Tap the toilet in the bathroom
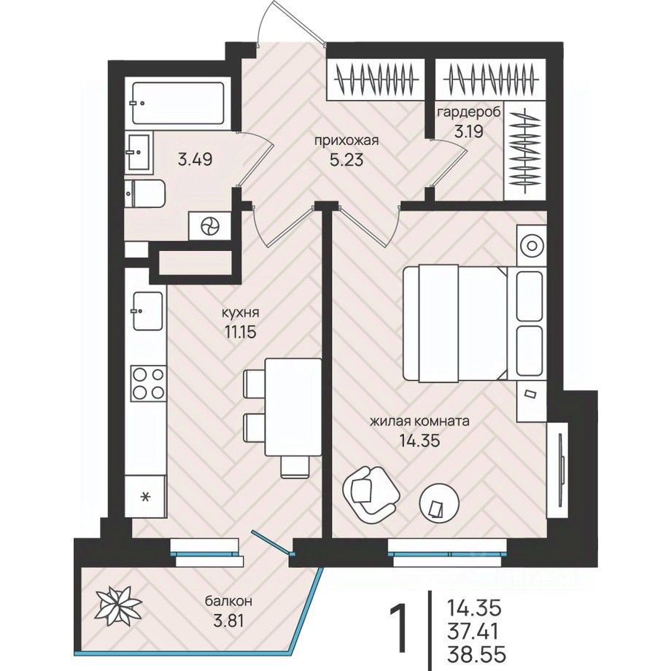pos(146,193)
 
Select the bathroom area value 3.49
pos(195,158)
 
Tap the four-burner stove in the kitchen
pos(148,383)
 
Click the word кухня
pos(241,313)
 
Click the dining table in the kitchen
pos(292,405)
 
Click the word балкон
pos(228,601)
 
